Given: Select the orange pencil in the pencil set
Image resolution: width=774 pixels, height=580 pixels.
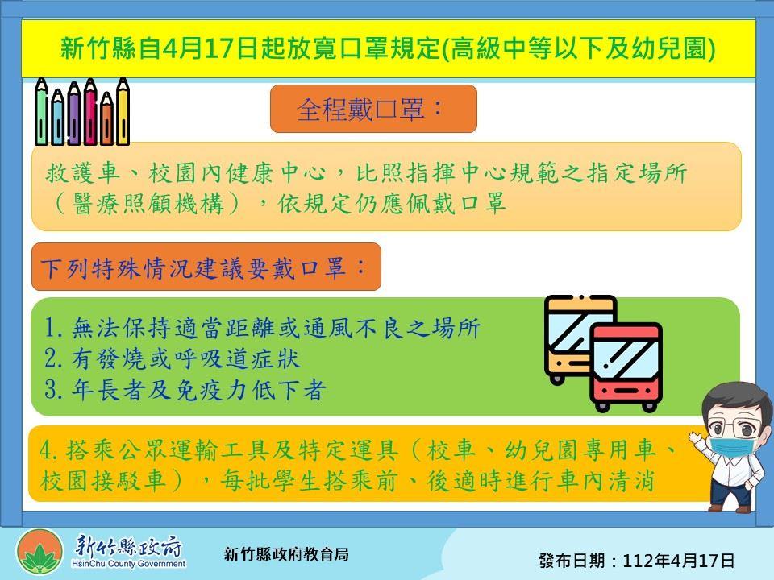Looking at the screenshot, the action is click(x=106, y=118).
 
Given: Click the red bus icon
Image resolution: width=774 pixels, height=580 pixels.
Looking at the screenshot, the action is click(x=626, y=367).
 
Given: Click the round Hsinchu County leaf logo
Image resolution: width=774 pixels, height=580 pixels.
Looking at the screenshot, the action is click(x=40, y=553).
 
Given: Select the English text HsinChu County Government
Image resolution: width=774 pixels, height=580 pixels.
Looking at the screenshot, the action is click(x=128, y=564).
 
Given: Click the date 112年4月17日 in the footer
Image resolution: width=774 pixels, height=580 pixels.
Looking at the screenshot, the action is click(x=679, y=561).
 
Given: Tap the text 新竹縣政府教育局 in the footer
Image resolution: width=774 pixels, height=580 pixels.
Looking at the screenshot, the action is click(x=286, y=554).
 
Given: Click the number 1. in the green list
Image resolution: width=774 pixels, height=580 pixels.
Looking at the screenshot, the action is click(x=53, y=327).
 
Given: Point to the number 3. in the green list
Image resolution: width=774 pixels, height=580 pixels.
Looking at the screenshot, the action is click(x=53, y=390).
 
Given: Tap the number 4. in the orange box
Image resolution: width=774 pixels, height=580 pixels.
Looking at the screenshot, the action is click(x=49, y=449).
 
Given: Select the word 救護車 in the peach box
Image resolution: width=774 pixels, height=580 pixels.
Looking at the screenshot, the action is click(x=82, y=172).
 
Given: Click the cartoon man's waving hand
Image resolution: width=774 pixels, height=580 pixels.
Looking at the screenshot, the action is click(x=697, y=438).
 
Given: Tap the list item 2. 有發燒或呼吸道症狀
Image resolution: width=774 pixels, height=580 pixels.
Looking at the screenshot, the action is click(x=172, y=358).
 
